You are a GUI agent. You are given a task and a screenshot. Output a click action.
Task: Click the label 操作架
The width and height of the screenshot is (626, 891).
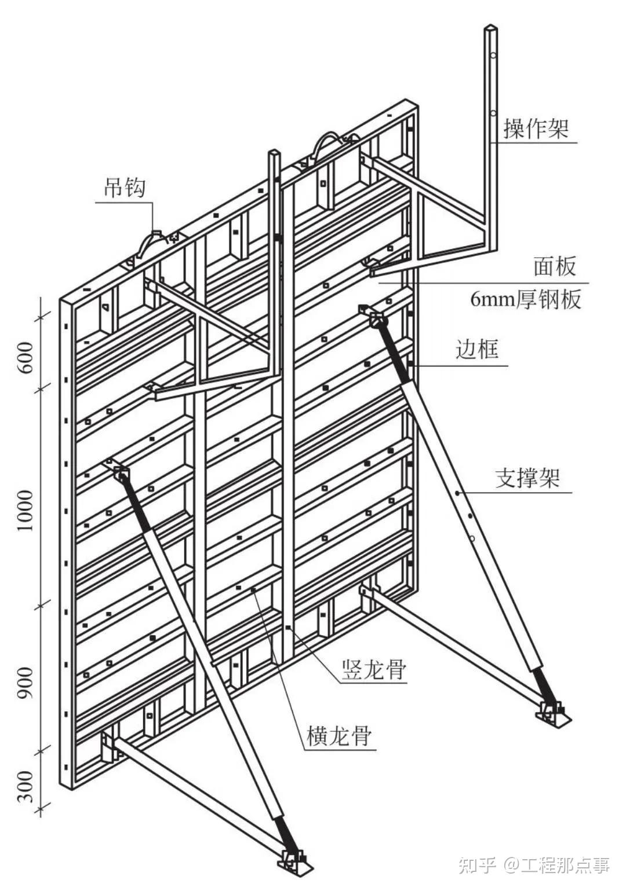point(536,128)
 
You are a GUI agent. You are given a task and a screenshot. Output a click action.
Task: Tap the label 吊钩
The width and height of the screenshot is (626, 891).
point(125,188)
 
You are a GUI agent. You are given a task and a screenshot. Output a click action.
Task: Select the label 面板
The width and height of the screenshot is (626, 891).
point(555,266)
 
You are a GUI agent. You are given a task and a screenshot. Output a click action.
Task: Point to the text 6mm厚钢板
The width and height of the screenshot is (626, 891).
point(525,299)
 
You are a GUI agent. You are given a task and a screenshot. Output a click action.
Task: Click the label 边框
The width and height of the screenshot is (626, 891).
point(477,349)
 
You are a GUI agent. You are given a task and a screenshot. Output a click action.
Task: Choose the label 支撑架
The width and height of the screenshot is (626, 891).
point(527,478)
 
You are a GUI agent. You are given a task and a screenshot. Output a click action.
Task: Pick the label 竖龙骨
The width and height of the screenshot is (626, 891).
point(374,670)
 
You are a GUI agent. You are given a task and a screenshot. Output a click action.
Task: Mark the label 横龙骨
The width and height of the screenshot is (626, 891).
point(339,736)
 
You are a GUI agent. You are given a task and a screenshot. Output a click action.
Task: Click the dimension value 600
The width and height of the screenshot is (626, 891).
point(26,357)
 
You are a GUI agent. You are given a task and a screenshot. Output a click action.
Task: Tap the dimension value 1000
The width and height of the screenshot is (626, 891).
point(26,510)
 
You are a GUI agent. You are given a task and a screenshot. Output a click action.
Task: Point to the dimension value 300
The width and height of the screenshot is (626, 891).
point(26,786)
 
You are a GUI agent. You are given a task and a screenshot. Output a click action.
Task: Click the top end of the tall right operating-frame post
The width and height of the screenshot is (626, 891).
point(490,29)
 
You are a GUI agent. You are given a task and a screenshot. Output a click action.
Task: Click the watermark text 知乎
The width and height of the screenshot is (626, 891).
point(476,866)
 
